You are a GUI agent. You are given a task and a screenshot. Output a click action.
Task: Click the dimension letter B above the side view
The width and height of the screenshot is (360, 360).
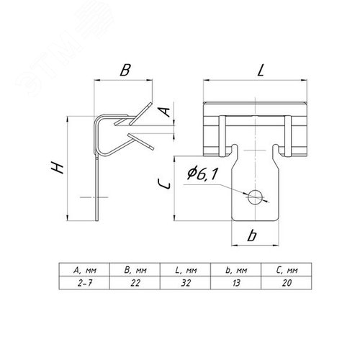coord(125,71)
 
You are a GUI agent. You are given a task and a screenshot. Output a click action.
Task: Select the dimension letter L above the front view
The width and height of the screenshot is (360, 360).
coord(261,70)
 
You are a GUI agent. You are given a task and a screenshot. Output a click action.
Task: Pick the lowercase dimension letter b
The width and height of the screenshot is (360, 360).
coord(252,235)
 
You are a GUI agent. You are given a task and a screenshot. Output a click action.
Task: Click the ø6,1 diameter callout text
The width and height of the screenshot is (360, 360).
coord(202,174)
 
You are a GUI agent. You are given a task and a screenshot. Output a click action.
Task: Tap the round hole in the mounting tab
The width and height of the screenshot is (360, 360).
coord(255,197)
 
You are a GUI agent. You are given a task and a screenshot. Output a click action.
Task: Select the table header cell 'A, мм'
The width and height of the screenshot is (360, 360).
coord(84,270)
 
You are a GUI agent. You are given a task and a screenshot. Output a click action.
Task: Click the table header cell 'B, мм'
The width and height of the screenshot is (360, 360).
coord(135,270)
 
